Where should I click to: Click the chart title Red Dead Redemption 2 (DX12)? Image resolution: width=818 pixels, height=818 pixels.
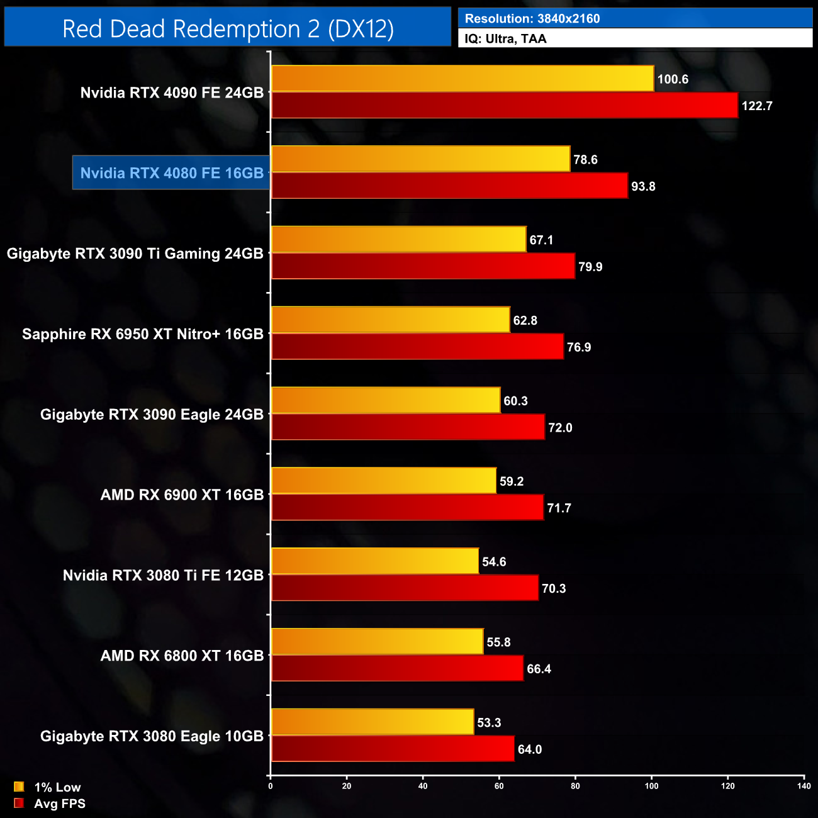pyautogui.click(x=228, y=29)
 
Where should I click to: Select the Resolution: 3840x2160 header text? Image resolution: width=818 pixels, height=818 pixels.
pyautogui.click(x=532, y=19)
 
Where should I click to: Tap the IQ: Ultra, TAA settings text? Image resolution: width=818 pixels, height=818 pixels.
pyautogui.click(x=505, y=39)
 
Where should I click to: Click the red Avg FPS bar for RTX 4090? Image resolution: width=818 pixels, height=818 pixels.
pyautogui.click(x=504, y=105)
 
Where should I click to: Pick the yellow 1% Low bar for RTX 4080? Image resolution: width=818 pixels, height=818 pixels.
pyautogui.click(x=420, y=159)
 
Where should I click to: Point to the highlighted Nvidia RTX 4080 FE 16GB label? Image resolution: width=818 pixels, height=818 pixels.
pyautogui.click(x=172, y=173)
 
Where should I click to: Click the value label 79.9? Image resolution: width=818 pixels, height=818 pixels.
pyautogui.click(x=590, y=267)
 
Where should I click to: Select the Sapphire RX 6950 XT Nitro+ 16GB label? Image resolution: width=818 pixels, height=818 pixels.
pyautogui.click(x=143, y=334)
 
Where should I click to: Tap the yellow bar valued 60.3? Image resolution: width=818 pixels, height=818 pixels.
pyautogui.click(x=386, y=401)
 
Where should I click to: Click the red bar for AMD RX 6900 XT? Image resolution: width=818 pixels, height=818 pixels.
pyautogui.click(x=407, y=508)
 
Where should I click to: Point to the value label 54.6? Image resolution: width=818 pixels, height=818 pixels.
pyautogui.click(x=494, y=562)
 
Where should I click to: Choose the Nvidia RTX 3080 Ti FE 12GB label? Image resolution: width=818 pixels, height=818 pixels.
pyautogui.click(x=163, y=576)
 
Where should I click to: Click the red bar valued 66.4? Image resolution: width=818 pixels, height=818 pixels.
pyautogui.click(x=397, y=668)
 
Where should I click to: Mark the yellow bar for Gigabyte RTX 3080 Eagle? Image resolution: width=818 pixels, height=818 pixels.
pyautogui.click(x=373, y=722)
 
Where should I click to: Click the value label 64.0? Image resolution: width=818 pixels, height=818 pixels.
pyautogui.click(x=530, y=749)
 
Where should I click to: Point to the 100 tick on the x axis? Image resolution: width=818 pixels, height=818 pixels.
pyautogui.click(x=651, y=786)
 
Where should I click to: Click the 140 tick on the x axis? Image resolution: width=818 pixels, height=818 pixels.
pyautogui.click(x=804, y=786)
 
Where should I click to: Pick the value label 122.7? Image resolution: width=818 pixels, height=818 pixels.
pyautogui.click(x=757, y=106)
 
